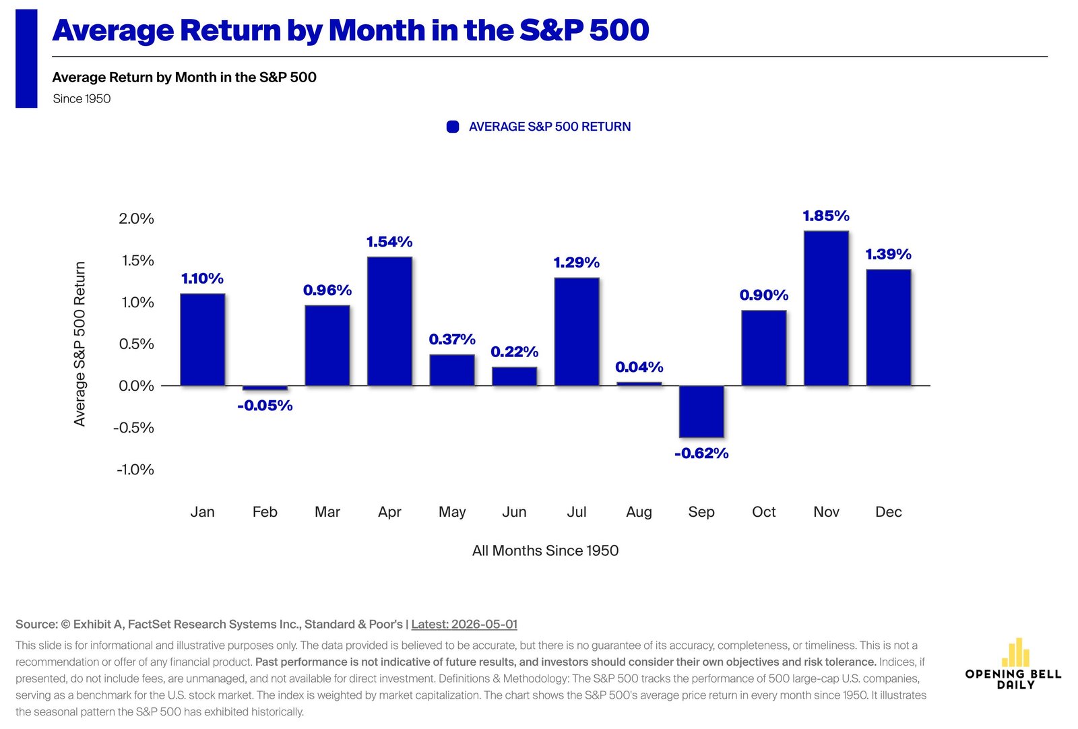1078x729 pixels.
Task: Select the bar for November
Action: pyautogui.click(x=826, y=309)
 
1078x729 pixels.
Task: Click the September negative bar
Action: pyautogui.click(x=701, y=412)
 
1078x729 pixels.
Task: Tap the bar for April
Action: pyautogui.click(x=389, y=321)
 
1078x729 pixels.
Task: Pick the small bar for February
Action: pyautogui.click(x=265, y=388)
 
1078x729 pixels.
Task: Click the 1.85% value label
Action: pyautogui.click(x=826, y=216)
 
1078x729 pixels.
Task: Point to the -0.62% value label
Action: pyautogui.click(x=701, y=453)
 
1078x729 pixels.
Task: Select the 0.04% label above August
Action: pyautogui.click(x=639, y=368)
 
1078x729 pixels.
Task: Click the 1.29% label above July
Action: pyautogui.click(x=577, y=263)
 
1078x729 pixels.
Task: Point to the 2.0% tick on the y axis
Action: pyautogui.click(x=136, y=219)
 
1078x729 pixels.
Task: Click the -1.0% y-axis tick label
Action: pyautogui.click(x=135, y=470)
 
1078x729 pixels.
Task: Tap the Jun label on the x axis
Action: pyautogui.click(x=514, y=511)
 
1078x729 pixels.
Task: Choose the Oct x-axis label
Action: pyautogui.click(x=764, y=511)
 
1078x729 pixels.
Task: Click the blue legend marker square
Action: pyautogui.click(x=452, y=127)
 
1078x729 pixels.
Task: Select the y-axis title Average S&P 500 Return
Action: pyautogui.click(x=80, y=344)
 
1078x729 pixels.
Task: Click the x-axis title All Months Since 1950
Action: pyautogui.click(x=545, y=550)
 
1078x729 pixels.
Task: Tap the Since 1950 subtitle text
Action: pyautogui.click(x=82, y=98)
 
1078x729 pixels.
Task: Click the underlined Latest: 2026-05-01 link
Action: pyautogui.click(x=464, y=624)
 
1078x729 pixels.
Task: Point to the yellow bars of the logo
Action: pyautogui.click(x=1015, y=652)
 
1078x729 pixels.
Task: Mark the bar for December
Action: pyautogui.click(x=889, y=327)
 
